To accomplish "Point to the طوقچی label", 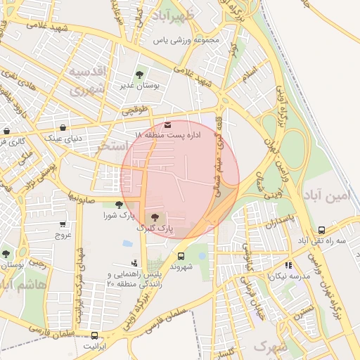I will coord(136,110).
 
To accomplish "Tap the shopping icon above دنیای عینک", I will coord(64,128).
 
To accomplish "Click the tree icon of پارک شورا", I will coord(118,205).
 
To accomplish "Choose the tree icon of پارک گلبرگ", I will coord(155,218).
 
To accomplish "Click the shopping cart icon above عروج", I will coord(63,225).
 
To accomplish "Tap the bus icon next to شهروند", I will coord(181,256).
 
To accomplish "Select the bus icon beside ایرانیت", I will coord(94,335).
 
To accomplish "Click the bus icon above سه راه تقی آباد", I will coord(321,230).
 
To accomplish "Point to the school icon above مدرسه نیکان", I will coord(288,265).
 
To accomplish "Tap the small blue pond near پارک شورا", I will coord(127,243).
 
